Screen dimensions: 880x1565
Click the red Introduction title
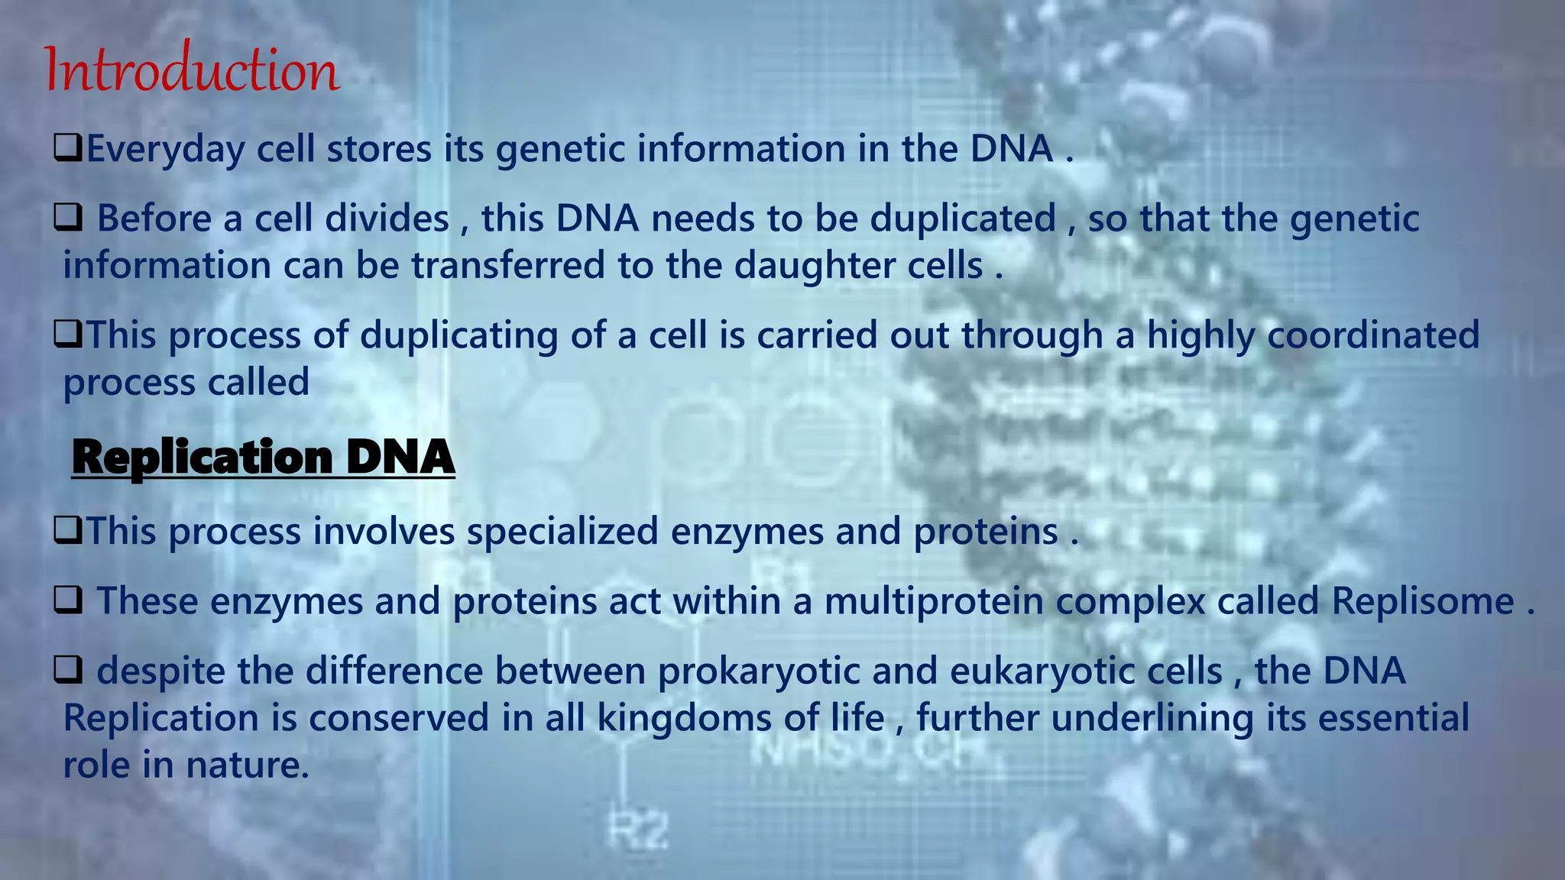pyautogui.click(x=191, y=70)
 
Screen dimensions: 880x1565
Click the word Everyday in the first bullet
pyautogui.click(x=165, y=148)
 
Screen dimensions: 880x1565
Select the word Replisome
pyautogui.click(x=1422, y=600)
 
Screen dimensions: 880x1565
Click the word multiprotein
pyautogui.click(x=934, y=600)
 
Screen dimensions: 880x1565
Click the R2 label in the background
pyautogui.click(x=639, y=830)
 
